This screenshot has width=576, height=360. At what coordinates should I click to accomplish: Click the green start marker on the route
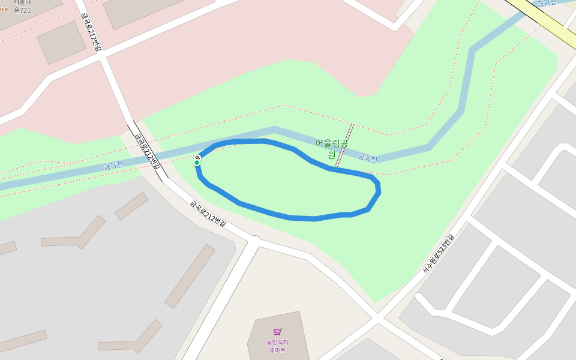196,163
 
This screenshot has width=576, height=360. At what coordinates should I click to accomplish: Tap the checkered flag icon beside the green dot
197,157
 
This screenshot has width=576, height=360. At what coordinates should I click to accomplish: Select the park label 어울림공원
331,148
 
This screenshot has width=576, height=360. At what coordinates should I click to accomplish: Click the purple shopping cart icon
277,332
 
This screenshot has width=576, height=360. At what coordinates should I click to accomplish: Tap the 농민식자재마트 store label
277,346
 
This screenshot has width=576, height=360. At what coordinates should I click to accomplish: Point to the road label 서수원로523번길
439,253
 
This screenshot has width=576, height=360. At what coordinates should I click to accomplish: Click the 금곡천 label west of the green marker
113,165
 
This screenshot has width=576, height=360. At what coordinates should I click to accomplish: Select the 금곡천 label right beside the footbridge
367,158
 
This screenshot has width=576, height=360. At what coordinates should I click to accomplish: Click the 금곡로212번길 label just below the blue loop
208,214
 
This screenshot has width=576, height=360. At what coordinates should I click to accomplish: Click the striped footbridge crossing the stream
344,146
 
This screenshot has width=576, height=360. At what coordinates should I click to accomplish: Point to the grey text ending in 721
22,10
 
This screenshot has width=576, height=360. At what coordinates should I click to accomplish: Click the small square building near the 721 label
61,43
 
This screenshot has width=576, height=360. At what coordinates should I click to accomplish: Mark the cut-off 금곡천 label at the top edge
546,3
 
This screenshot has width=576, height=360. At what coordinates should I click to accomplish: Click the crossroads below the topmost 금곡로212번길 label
103,55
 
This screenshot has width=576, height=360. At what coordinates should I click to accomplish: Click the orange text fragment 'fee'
4,9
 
